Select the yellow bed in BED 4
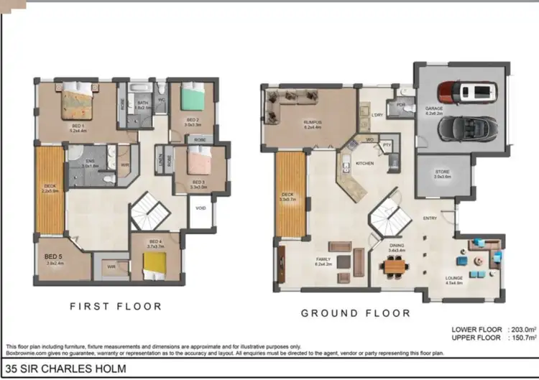(154, 267)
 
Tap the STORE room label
(443, 174)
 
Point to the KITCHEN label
(365, 164)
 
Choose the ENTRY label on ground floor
(430, 218)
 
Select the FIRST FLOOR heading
(115, 306)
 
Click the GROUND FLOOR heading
(355, 313)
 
